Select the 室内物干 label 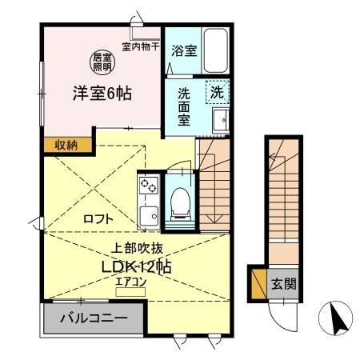point(141,46)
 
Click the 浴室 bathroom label point(185,50)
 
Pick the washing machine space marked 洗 point(218,92)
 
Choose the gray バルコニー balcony point(94,318)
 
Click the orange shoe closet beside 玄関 point(258,284)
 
